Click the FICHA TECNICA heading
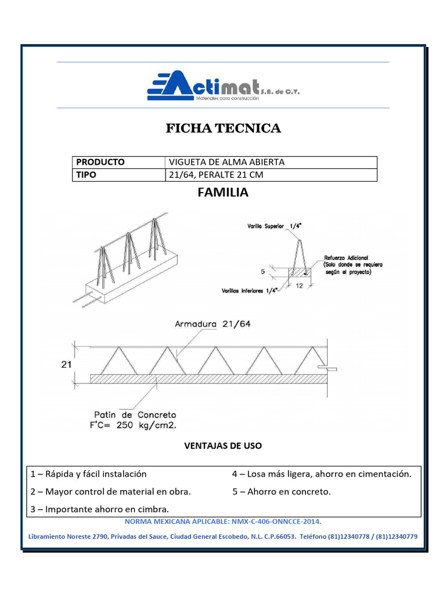click(224, 128)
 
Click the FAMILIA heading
click(223, 193)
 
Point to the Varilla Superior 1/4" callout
click(267, 227)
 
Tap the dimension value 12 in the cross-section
click(300, 285)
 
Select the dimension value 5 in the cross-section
click(263, 271)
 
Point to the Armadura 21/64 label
click(213, 324)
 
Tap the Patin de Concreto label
click(135, 415)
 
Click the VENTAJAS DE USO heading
click(223, 445)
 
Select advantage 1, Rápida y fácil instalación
click(89, 474)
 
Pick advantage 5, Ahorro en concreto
click(282, 492)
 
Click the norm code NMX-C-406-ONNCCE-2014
click(265, 521)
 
